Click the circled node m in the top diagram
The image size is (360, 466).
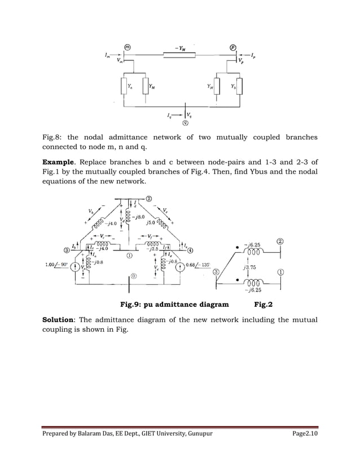128,48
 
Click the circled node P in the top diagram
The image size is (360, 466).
232,48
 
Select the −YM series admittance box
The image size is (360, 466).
179,55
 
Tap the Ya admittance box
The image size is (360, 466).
125,86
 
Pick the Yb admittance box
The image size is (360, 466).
239,86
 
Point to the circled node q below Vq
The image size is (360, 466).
184,124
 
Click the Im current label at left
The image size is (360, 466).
107,55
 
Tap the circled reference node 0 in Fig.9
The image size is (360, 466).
134,276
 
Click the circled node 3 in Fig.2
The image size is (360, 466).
216,272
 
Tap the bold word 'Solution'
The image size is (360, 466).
61,320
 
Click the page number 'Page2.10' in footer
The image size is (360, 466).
300,449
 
